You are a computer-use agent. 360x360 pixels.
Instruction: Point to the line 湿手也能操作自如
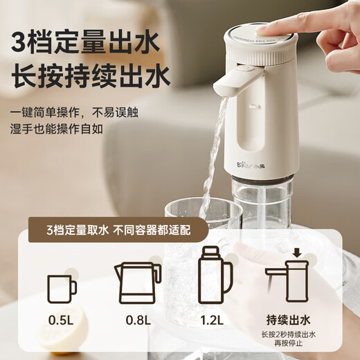pyautogui.click(x=59, y=129)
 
